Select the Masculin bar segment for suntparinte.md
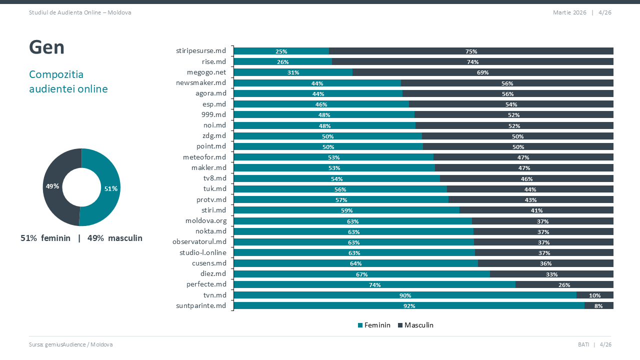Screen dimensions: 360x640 [598, 305]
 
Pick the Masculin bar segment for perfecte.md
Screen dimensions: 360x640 [564, 284]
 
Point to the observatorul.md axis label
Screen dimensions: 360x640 [199, 242]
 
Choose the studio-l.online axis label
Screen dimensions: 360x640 [202, 252]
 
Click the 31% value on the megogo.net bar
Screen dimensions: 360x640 [293, 72]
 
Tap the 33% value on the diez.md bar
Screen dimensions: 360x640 [551, 274]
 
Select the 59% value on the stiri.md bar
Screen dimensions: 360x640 [346, 210]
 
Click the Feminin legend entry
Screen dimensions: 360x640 [374, 325]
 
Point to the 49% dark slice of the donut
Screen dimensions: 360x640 [52, 186]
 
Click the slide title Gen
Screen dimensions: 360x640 [46, 47]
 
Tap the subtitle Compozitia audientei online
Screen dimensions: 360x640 [68, 81]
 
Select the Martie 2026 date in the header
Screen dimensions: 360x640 [569, 12]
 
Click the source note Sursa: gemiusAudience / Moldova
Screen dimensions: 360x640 [70, 344]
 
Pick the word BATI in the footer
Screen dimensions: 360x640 [583, 344]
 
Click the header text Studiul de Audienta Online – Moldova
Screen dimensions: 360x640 [80, 12]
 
